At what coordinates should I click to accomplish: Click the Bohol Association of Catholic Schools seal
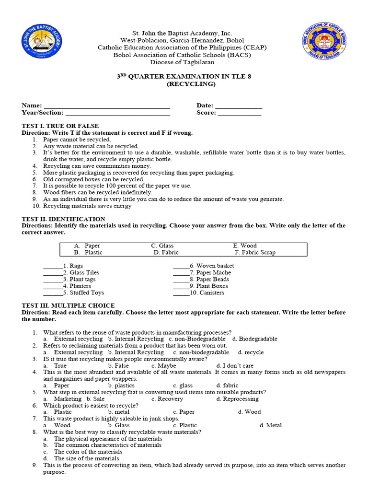coord(326,46)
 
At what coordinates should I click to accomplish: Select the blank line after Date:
coord(238,106)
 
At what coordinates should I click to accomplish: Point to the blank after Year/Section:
coord(117,113)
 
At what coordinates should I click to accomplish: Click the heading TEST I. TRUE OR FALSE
coord(53,126)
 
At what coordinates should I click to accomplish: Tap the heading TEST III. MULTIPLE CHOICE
coord(68,305)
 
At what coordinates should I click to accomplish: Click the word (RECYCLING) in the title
coord(184,84)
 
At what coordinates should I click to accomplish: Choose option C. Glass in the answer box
coord(162,245)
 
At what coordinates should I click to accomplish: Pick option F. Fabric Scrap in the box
coord(255,252)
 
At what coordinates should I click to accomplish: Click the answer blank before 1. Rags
coord(53,266)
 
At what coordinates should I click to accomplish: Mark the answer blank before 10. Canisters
coord(182,292)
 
